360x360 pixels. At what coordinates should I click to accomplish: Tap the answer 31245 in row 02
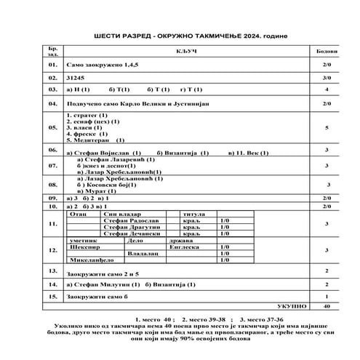tap(76, 76)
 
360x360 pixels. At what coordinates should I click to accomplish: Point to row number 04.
tap(52, 104)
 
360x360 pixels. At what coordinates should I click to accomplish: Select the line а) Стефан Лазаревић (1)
tap(109, 159)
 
